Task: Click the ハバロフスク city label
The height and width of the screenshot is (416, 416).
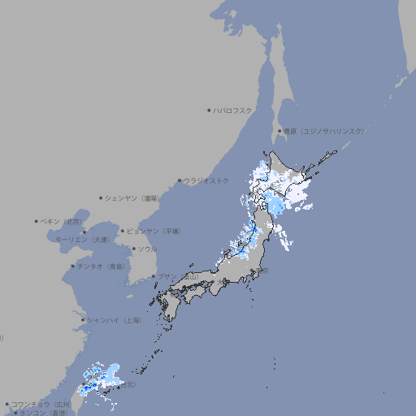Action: pyautogui.click(x=233, y=110)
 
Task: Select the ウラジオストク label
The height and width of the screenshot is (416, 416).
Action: pyautogui.click(x=206, y=180)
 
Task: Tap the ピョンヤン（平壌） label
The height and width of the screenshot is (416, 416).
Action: pyautogui.click(x=154, y=231)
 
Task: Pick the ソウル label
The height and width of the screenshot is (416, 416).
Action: pyautogui.click(x=146, y=249)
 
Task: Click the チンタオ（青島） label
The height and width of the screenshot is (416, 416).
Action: pyautogui.click(x=102, y=266)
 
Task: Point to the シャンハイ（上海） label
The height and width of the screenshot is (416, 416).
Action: pyautogui.click(x=114, y=320)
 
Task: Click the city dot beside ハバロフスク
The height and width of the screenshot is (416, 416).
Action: pyautogui.click(x=209, y=110)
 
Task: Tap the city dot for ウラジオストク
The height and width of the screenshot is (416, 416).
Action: pyautogui.click(x=180, y=180)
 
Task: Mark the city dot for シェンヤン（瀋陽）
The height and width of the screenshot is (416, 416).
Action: pyautogui.click(x=102, y=197)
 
